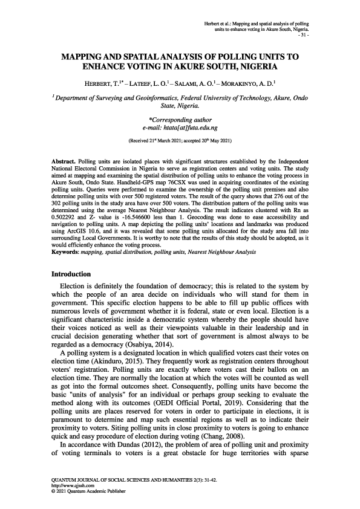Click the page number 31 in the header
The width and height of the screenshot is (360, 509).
click(x=304, y=35)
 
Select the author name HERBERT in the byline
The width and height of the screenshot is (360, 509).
click(x=104, y=83)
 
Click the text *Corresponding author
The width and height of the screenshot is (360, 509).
click(x=180, y=121)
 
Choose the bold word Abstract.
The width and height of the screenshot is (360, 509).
click(x=64, y=163)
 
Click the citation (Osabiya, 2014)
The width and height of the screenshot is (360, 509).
click(x=136, y=344)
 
